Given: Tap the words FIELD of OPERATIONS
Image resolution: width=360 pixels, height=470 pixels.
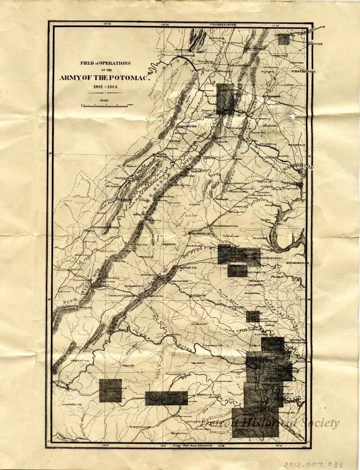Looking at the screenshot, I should pos(105,62).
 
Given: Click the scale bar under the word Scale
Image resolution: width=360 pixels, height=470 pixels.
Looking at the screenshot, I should pos(105,104).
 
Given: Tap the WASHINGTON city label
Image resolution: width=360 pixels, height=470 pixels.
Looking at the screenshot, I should pos(299,166).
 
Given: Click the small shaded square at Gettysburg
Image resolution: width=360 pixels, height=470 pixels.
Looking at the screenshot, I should pos(284,40).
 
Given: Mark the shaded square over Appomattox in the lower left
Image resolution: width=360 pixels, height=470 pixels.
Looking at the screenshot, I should pos(110,390).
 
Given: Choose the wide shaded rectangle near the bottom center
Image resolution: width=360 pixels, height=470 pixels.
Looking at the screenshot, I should pos(166,398).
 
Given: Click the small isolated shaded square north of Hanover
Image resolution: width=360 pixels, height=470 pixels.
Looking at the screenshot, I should pos(253,316).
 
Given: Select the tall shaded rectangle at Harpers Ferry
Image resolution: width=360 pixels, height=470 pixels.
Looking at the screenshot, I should pos(226,99).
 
